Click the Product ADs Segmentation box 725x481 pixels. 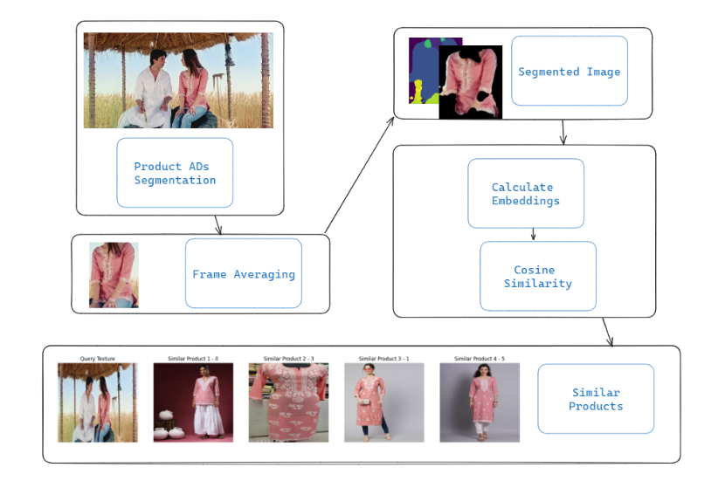pos(175,173)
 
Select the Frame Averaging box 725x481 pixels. pos(243,273)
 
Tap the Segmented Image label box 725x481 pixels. pos(569,72)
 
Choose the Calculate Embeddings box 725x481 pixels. pos(525,194)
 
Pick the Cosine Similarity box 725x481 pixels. pos(537,277)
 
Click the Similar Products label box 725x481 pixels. pos(596,399)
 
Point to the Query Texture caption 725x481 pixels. pos(97,358)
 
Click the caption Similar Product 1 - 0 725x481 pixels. pos(193,358)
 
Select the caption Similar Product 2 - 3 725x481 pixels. pos(288,358)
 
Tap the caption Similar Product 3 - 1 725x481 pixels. pos(383,358)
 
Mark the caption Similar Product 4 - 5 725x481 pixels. pos(479,358)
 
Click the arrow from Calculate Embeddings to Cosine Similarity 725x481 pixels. pos(533,235)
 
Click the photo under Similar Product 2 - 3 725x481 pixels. pos(288,402)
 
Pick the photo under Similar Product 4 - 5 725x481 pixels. pos(479,402)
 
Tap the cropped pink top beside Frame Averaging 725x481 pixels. pos(114,275)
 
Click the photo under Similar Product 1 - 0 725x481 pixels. pos(193,402)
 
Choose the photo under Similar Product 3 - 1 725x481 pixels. pos(383,402)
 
